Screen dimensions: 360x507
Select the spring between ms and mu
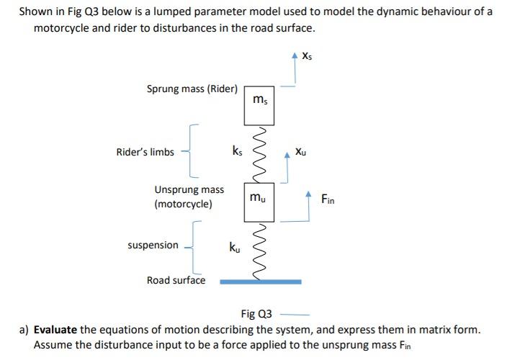click(x=261, y=154)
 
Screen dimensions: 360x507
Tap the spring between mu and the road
click(x=261, y=248)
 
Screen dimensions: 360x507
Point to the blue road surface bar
click(x=261, y=281)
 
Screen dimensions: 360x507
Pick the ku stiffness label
click(x=235, y=248)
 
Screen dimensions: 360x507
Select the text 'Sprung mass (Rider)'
click(x=192, y=89)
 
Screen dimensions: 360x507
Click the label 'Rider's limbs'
click(x=145, y=152)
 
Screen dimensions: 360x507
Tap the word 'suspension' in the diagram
click(x=153, y=245)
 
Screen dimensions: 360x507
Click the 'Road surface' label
click(x=176, y=280)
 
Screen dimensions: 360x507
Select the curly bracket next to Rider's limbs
click(x=194, y=151)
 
